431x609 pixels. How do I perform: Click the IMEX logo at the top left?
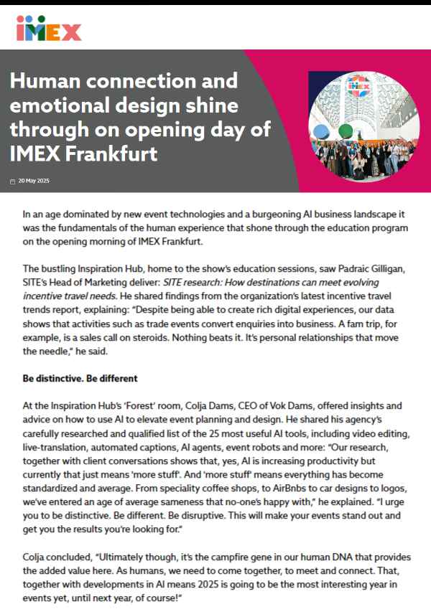coord(49,28)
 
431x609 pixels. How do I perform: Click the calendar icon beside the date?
coord(13,181)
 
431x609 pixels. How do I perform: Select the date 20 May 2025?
coord(34,181)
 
